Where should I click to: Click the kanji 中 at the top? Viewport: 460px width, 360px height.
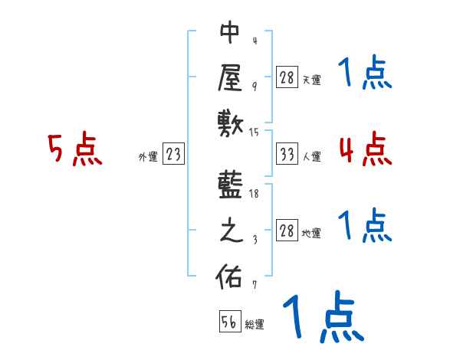point(230,33)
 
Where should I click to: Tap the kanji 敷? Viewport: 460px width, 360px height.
point(230,122)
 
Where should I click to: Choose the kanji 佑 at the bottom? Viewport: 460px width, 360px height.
point(230,277)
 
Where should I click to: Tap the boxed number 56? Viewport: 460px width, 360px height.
point(228,322)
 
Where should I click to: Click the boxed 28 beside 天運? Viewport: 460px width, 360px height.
point(287,77)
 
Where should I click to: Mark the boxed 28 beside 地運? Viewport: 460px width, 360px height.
point(287,232)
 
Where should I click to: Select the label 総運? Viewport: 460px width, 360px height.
point(255,325)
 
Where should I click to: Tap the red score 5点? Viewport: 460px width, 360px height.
point(75,150)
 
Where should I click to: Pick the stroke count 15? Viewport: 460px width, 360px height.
point(255,132)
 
